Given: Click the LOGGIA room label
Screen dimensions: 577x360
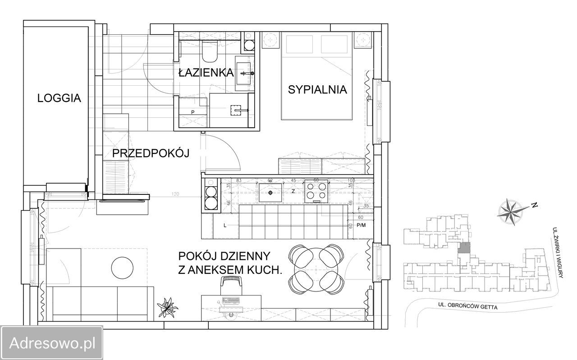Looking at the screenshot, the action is pyautogui.click(x=59, y=98).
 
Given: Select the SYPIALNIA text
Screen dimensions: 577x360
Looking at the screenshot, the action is pyautogui.click(x=317, y=89).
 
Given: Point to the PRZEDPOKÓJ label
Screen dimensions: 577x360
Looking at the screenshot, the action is pyautogui.click(x=151, y=153).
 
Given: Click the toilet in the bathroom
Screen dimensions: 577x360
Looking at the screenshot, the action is pyautogui.click(x=210, y=51).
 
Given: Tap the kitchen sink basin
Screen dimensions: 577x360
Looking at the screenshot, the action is pyautogui.click(x=270, y=193).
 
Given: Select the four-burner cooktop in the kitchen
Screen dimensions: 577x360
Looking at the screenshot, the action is pyautogui.click(x=316, y=191).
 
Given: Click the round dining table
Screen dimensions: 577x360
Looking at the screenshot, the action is pyautogui.click(x=316, y=269).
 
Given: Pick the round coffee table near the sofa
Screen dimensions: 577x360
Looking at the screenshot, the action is pyautogui.click(x=122, y=268).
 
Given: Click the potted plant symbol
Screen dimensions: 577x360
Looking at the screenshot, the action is pyautogui.click(x=167, y=307).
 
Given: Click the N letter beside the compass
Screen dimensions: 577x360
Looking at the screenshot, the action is pyautogui.click(x=535, y=205).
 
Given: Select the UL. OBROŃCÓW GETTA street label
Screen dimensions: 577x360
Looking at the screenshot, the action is pyautogui.click(x=468, y=306).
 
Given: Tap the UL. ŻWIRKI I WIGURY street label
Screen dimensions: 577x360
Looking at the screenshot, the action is pyautogui.click(x=558, y=252).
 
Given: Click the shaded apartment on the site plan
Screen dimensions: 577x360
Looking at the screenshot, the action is pyautogui.click(x=464, y=248).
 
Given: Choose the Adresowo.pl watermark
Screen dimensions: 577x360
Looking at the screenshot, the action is pyautogui.click(x=52, y=343).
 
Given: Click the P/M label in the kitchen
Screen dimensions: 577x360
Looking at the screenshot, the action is pyautogui.click(x=361, y=225).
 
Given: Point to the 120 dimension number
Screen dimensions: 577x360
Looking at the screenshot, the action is pyautogui.click(x=175, y=194).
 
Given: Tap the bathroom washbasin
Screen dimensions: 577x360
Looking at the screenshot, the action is pyautogui.click(x=243, y=73).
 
